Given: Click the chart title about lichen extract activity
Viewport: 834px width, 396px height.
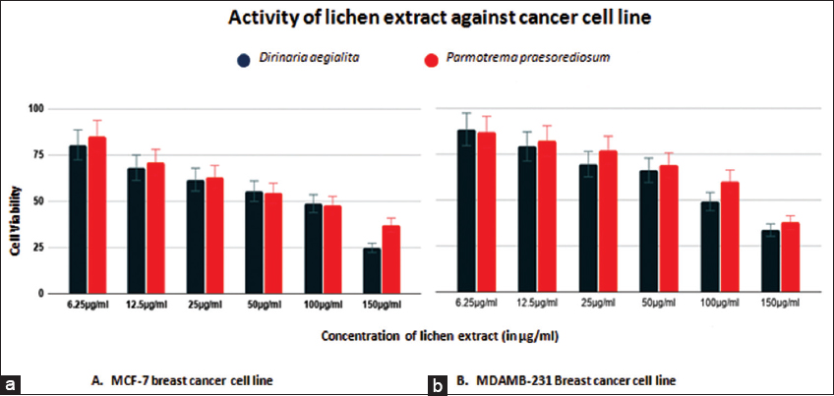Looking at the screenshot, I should click(417, 18).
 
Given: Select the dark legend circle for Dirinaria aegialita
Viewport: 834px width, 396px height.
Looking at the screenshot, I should click(243, 61).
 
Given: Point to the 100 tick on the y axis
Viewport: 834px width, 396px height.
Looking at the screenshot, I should click(40, 109).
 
